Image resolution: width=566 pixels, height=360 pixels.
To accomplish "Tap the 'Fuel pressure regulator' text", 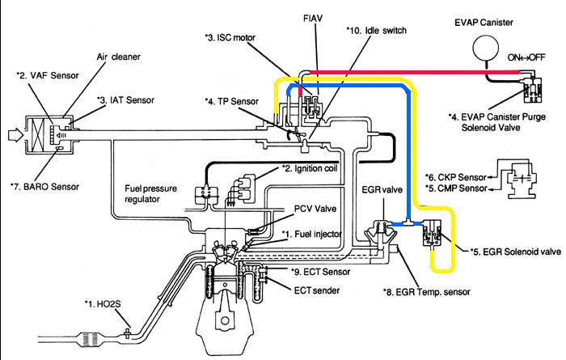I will tap(150, 194).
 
